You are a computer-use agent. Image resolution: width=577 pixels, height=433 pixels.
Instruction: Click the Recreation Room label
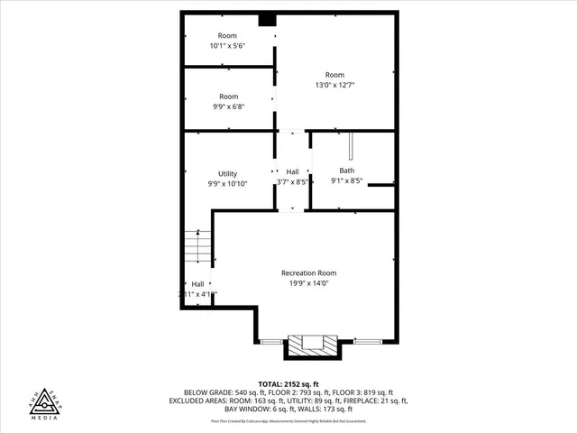(308, 273)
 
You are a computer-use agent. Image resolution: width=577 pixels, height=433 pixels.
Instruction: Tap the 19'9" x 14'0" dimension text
(308, 283)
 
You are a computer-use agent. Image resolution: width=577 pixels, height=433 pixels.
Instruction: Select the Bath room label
(347, 170)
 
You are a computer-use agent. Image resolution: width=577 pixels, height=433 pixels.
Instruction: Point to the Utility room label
(227, 173)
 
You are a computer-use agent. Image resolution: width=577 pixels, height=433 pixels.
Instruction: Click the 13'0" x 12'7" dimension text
(335, 85)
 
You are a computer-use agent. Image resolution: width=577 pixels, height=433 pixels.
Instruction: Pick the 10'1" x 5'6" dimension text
(228, 45)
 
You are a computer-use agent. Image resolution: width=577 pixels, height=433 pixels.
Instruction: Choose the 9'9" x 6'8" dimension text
(228, 106)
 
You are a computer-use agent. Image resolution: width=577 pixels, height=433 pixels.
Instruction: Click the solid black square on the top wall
(267, 19)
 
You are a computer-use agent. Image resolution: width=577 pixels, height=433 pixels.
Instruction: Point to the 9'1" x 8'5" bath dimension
(347, 180)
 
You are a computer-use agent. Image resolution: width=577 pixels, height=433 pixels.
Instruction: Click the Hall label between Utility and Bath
(293, 171)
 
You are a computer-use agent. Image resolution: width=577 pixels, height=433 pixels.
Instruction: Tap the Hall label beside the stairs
(197, 284)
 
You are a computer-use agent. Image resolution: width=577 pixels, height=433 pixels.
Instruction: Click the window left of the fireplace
(270, 341)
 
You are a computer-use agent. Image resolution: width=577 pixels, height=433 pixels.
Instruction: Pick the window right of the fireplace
(367, 341)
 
